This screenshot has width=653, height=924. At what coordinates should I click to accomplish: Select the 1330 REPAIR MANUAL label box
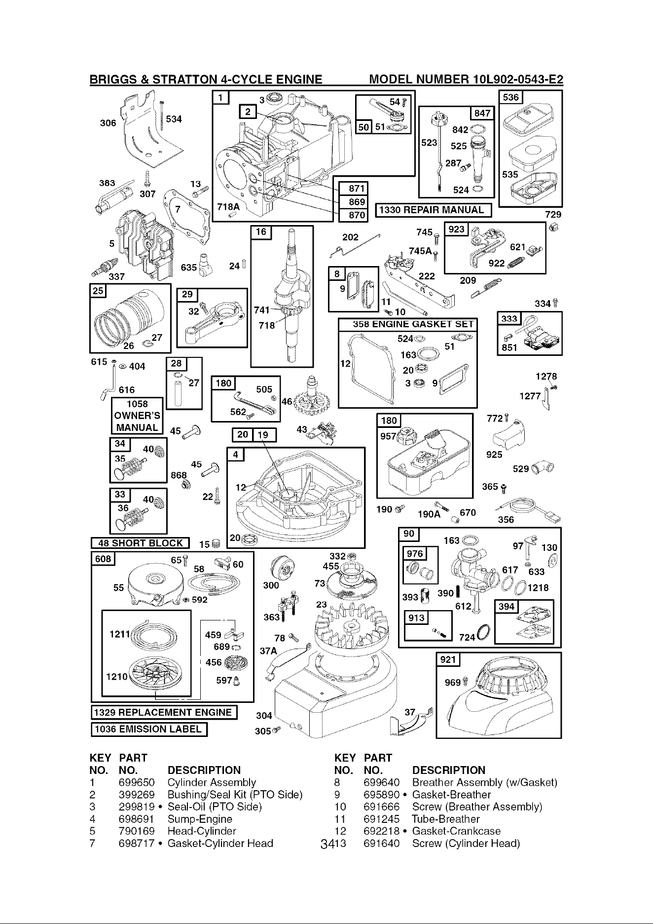434,210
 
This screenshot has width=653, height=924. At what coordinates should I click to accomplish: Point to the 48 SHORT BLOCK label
141,543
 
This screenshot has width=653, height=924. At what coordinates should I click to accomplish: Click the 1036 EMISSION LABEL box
149,729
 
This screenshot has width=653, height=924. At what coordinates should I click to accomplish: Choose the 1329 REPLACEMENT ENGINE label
164,713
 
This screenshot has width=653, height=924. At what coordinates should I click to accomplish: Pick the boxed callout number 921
449,659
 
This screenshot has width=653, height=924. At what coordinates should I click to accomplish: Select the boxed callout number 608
104,558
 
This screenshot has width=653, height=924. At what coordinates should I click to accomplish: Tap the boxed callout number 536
511,97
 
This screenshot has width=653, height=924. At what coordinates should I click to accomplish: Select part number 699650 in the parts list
137,782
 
